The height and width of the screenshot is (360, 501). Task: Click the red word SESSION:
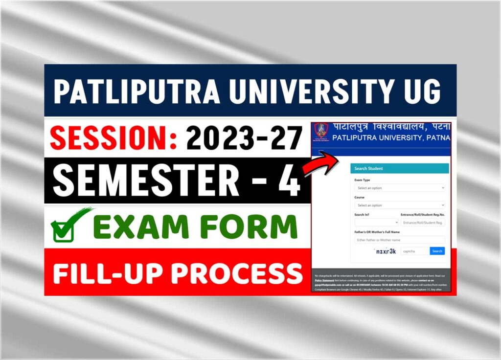click(114, 138)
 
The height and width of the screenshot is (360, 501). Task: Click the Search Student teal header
click(399, 168)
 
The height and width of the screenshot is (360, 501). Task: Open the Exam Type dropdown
click(399, 188)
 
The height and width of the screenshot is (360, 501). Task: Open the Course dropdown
click(399, 205)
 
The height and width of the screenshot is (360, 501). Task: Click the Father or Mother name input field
click(399, 240)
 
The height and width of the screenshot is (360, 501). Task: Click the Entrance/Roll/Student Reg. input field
click(422, 223)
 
